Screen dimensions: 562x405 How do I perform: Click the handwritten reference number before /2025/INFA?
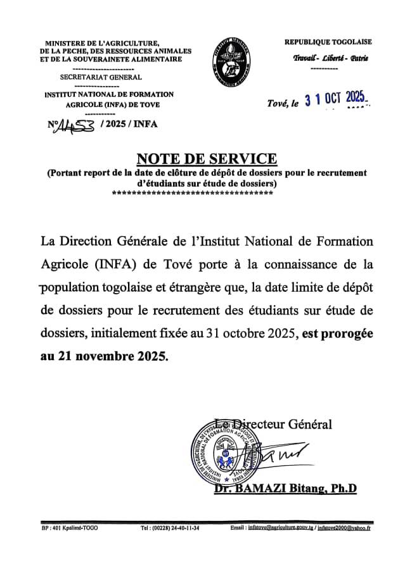pyautogui.click(x=75, y=125)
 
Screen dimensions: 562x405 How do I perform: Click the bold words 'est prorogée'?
pyautogui.click(x=341, y=334)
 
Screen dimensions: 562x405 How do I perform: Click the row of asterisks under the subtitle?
pyautogui.click(x=192, y=192)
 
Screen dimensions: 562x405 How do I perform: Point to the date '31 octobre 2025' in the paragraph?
pyautogui.click(x=253, y=334)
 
